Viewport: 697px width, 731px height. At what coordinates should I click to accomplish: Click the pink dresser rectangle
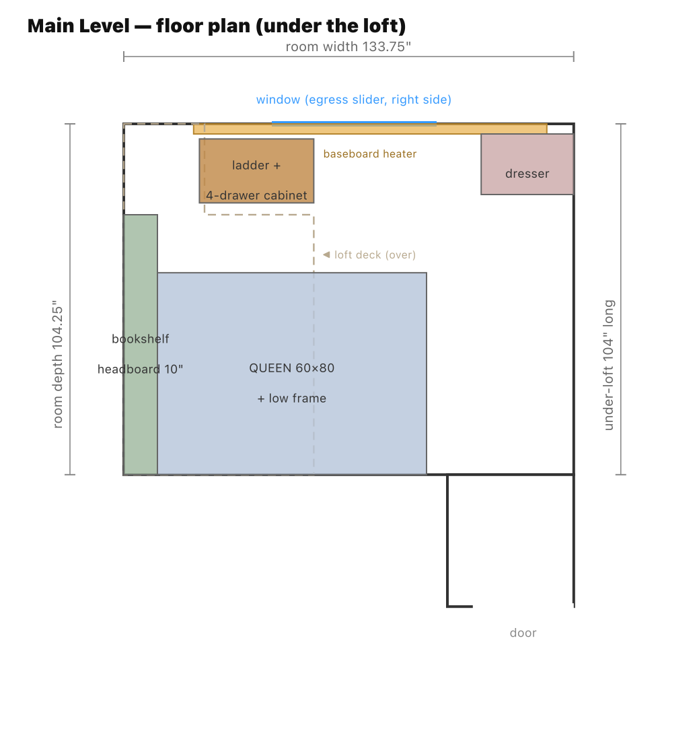pyautogui.click(x=527, y=164)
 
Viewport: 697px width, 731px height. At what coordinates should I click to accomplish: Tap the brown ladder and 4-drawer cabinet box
pyautogui.click(x=257, y=171)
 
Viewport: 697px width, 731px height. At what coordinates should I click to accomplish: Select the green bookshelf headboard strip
pyautogui.click(x=141, y=345)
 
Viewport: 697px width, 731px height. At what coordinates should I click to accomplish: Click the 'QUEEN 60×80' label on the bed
pyautogui.click(x=292, y=368)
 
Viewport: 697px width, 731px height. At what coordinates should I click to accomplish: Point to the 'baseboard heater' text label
pyautogui.click(x=370, y=154)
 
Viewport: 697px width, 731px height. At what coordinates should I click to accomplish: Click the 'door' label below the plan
pyautogui.click(x=523, y=633)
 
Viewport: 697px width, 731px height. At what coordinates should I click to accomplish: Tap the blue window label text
pyautogui.click(x=354, y=100)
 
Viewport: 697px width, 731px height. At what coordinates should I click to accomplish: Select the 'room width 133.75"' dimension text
pyautogui.click(x=348, y=46)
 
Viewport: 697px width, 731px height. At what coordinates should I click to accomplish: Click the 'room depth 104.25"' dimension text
pyautogui.click(x=57, y=364)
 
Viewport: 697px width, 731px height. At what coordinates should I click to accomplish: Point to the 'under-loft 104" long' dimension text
pyautogui.click(x=608, y=365)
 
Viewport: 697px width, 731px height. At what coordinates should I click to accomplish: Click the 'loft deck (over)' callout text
pyautogui.click(x=375, y=255)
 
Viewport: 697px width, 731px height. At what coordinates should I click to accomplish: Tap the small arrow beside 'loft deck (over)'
pyautogui.click(x=326, y=254)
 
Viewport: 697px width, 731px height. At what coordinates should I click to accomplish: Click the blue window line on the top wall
pyautogui.click(x=354, y=123)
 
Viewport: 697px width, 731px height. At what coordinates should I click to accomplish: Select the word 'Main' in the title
pyautogui.click(x=50, y=26)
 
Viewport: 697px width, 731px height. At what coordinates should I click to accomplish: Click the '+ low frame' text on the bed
pyautogui.click(x=292, y=398)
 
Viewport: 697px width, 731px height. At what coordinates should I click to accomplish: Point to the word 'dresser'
pyautogui.click(x=527, y=174)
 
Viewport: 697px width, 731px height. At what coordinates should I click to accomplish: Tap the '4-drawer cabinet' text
pyautogui.click(x=257, y=196)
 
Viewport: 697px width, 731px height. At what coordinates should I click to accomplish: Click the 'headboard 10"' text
pyautogui.click(x=140, y=370)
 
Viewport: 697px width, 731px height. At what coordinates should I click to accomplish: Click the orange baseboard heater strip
pyautogui.click(x=371, y=129)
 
